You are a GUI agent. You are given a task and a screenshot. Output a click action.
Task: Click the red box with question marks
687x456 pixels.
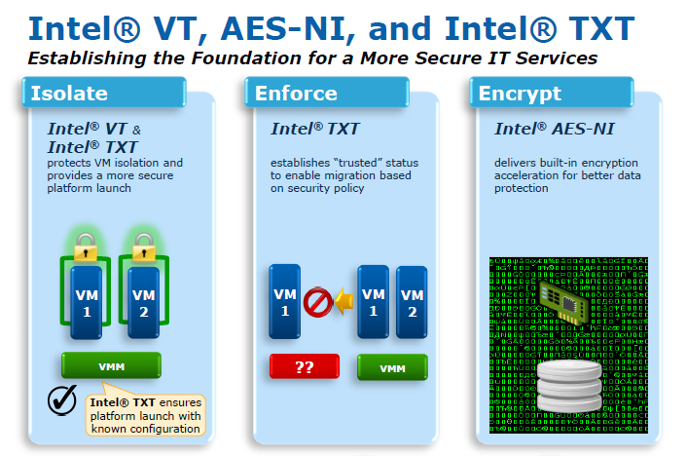pos(304,367)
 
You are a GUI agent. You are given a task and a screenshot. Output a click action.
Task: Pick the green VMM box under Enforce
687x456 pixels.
pos(392,368)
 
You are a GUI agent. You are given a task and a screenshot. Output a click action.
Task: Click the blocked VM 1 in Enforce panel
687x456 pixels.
pos(284,302)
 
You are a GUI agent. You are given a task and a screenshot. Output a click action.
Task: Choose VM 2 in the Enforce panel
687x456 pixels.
pos(412,302)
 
